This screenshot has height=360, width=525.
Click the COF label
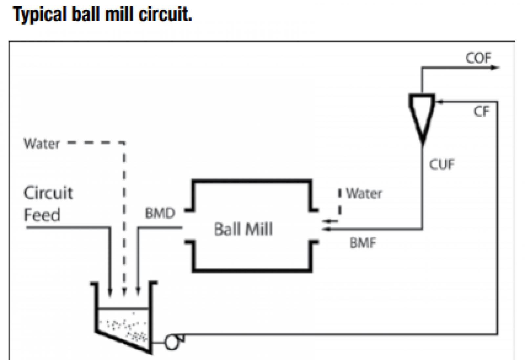click(x=478, y=58)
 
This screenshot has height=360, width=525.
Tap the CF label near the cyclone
click(x=481, y=111)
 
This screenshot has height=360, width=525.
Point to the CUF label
click(x=442, y=164)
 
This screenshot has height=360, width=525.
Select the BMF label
click(x=363, y=243)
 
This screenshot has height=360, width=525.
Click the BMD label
click(x=160, y=213)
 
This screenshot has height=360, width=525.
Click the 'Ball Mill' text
click(x=243, y=229)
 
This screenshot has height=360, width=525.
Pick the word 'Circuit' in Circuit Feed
click(x=48, y=193)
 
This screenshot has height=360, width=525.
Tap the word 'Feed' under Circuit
click(x=42, y=215)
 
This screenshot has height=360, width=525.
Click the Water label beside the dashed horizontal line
click(x=42, y=144)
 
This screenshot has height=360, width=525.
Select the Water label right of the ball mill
click(x=364, y=193)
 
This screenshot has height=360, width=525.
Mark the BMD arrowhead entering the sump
click(x=138, y=291)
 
